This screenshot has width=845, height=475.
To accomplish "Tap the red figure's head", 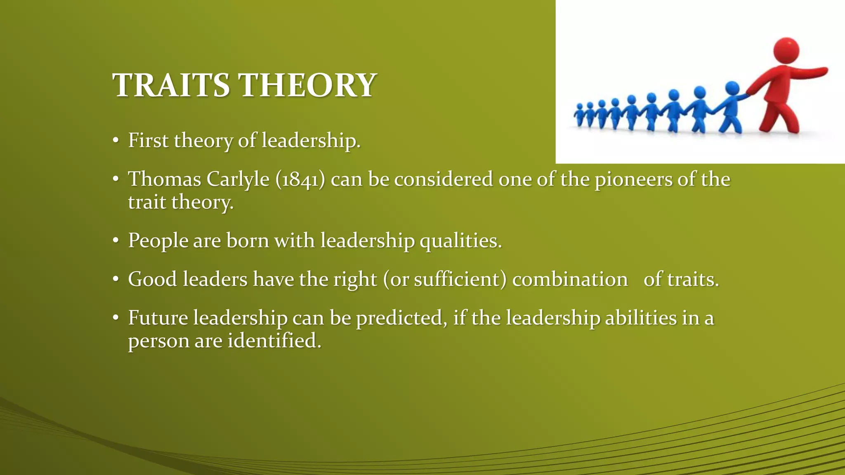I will click(786, 51).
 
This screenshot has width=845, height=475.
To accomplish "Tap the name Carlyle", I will click(238, 180).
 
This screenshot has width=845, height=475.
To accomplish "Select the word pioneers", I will click(633, 180).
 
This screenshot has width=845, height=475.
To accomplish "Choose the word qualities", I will click(460, 241).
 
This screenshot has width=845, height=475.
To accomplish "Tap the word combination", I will click(570, 279).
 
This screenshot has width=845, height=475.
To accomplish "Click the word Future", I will click(158, 318).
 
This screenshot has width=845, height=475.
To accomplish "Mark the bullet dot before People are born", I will click(116, 241).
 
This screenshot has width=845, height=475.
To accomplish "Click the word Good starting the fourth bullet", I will click(152, 279).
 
